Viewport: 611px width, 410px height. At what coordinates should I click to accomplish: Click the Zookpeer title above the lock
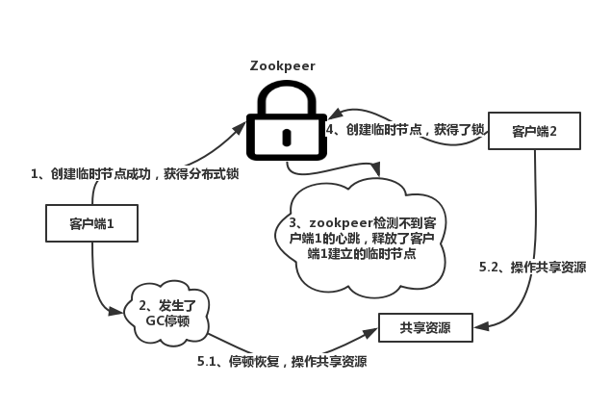pos(283,65)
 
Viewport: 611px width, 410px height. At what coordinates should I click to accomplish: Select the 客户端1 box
pos(91,223)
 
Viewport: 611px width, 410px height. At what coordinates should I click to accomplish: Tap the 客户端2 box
pos(534,130)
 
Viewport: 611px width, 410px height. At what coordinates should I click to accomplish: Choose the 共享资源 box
pos(426,328)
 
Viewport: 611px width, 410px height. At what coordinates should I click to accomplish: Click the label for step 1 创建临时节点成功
pos(135,174)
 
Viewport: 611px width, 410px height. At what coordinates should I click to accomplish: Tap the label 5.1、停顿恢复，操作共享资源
pos(282,362)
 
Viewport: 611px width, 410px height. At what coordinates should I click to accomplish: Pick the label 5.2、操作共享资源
pos(532,267)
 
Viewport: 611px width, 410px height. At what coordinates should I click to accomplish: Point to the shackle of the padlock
pos(285,92)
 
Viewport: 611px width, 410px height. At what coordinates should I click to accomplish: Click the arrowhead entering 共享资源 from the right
pos(480,327)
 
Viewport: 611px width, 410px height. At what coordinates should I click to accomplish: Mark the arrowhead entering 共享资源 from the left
pos(371,332)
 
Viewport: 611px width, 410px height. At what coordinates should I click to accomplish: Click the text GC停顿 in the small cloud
pos(168,319)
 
